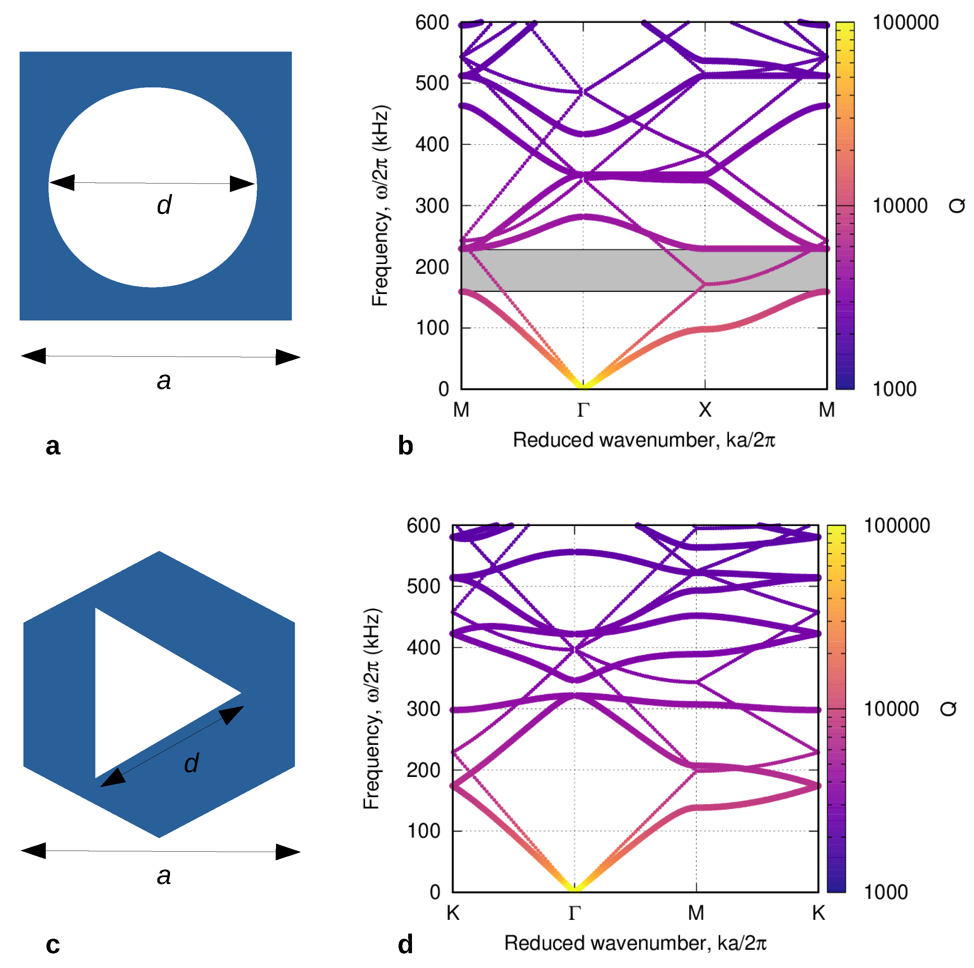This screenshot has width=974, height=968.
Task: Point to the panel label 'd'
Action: (405, 944)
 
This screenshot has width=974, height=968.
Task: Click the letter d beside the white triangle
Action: (191, 763)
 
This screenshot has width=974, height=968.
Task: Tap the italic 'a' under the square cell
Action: (164, 381)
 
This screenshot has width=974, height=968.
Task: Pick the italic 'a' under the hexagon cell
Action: (164, 876)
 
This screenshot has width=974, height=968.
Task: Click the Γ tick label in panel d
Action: (575, 913)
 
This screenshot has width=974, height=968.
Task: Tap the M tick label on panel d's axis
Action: (696, 913)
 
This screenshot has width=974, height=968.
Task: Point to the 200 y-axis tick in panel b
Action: (432, 267)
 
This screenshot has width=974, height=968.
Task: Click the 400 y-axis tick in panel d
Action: (423, 648)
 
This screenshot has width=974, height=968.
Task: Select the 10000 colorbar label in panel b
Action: (900, 206)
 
